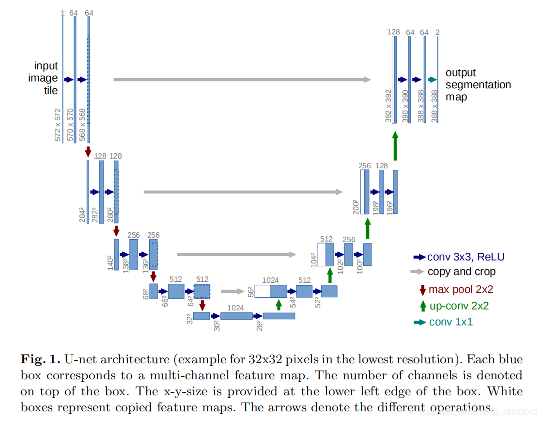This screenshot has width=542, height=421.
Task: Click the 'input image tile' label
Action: click(46, 78)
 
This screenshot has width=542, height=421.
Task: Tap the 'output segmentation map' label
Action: click(478, 85)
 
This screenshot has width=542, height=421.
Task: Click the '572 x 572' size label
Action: click(58, 125)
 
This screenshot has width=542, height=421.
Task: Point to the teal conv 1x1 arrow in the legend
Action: click(419, 323)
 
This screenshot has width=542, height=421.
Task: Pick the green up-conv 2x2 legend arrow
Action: click(422, 306)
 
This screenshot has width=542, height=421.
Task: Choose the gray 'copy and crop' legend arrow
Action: click(418, 272)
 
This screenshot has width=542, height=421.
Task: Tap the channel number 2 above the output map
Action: click(437, 32)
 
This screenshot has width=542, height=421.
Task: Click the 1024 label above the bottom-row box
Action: click(235, 308)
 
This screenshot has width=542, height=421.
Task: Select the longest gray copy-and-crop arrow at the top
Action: click(242, 80)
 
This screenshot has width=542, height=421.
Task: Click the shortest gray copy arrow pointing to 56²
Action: click(232, 291)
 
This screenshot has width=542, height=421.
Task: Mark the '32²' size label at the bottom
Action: click(190, 319)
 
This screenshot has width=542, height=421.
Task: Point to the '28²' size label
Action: click(259, 325)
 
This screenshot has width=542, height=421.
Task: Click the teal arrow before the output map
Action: click(433, 80)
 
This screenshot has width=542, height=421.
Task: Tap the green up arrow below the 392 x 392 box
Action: click(395, 144)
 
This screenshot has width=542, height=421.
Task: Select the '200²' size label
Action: click(356, 207)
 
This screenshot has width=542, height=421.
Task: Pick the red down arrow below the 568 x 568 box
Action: click(88, 151)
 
